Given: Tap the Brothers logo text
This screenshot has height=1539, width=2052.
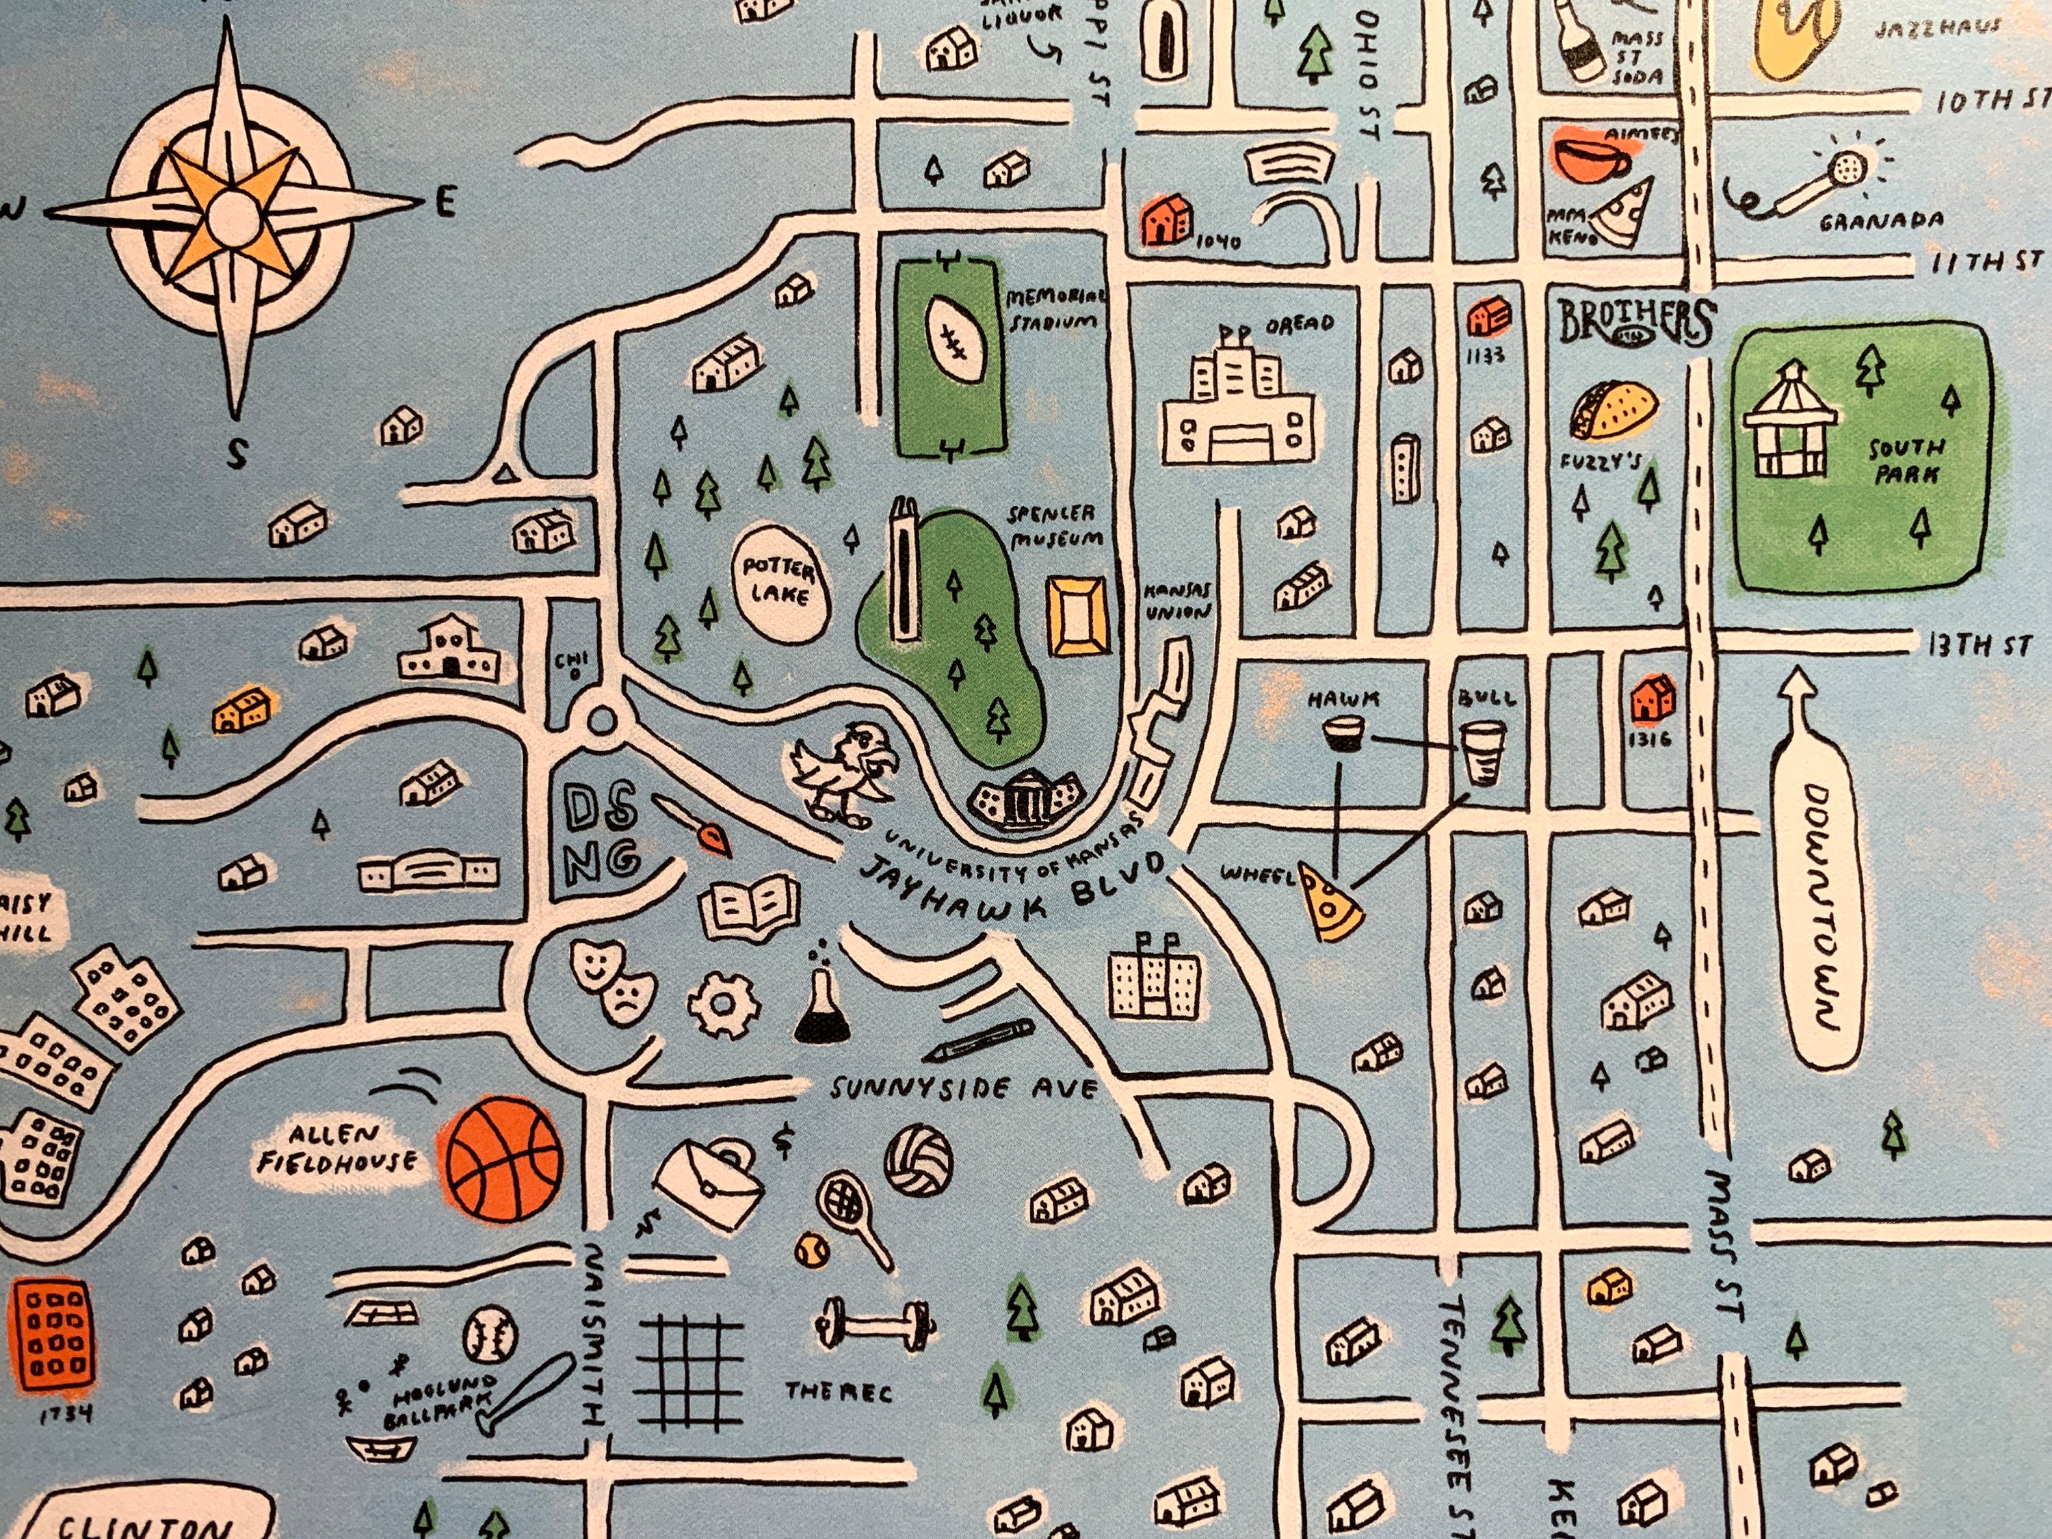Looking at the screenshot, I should coord(1635,321).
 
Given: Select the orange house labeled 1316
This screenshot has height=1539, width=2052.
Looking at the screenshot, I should coord(1652,698).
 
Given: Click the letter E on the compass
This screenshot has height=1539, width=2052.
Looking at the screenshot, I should coord(445,202).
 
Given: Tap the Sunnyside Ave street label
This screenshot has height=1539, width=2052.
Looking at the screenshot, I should coord(964,1088).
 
